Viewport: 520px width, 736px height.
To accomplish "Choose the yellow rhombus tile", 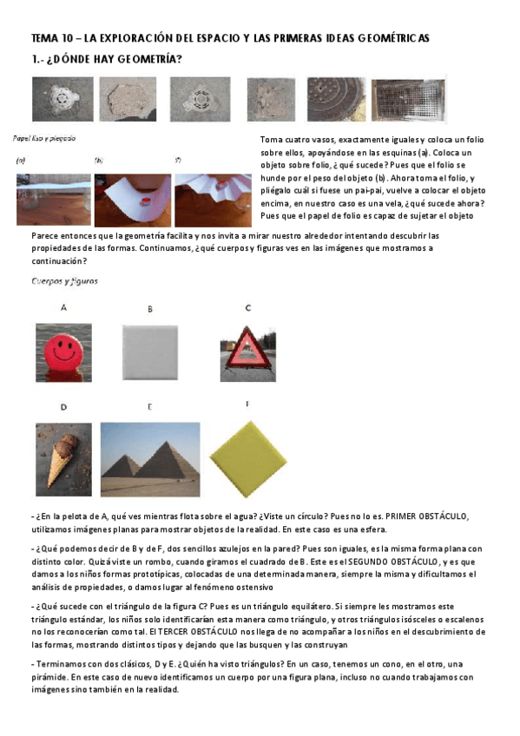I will [247, 455].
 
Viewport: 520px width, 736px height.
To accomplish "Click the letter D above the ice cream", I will [63, 406].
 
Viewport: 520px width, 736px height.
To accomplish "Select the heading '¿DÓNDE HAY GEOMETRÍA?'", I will [114, 59].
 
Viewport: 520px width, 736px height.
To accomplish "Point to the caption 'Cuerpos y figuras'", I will [64, 281].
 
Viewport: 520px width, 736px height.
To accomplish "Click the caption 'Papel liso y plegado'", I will [44, 138].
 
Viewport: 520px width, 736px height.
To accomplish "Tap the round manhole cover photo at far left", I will [62, 97].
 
